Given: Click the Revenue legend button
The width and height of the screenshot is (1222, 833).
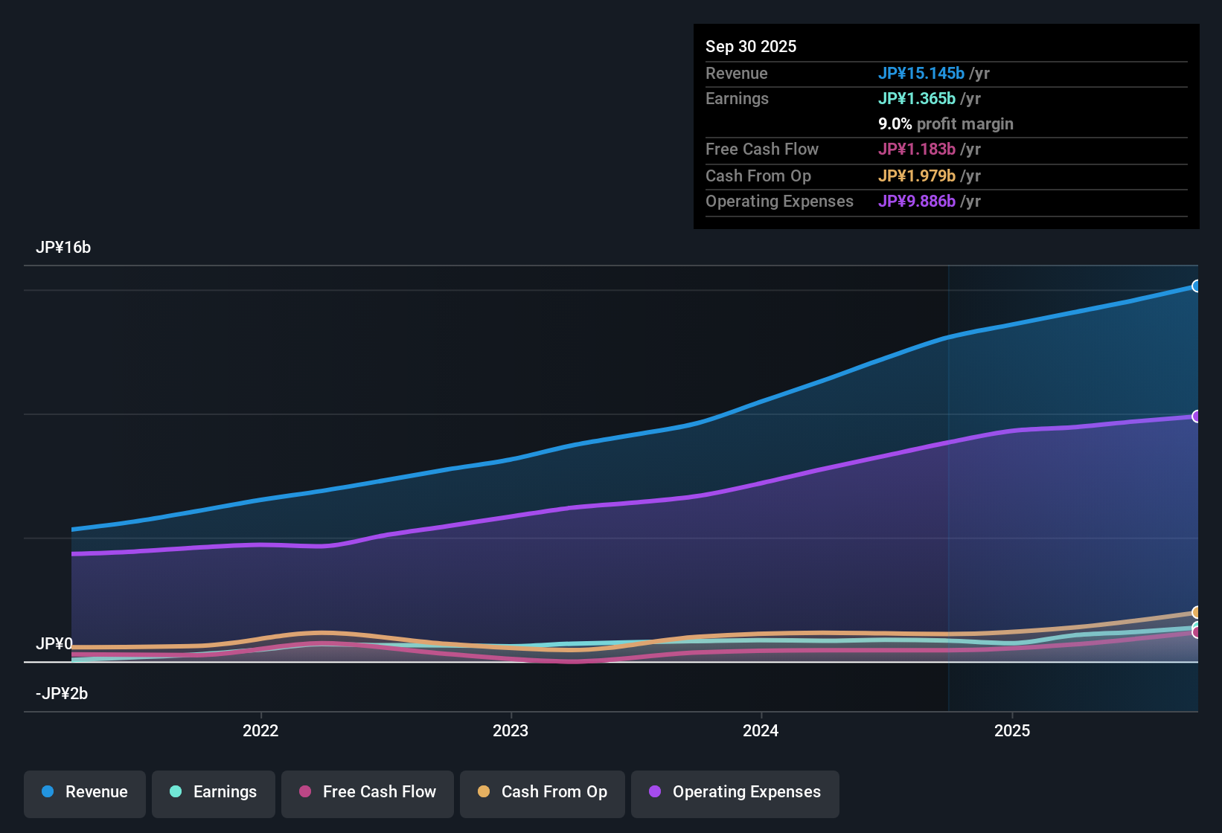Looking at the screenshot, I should tap(85, 792).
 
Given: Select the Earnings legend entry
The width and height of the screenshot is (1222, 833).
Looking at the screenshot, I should tap(214, 792).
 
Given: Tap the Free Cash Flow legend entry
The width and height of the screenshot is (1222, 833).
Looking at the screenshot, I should tap(368, 792).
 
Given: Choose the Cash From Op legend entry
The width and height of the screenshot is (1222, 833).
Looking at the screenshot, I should tap(543, 792).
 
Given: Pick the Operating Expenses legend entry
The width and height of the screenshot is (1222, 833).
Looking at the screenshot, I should tap(735, 792).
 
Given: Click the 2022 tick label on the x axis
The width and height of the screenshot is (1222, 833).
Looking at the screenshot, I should tap(260, 730).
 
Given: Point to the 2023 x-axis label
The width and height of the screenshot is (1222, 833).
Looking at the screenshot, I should tap(511, 730).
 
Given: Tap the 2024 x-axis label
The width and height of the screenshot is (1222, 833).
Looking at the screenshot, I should tap(761, 730).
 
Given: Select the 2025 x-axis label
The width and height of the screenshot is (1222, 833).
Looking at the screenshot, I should tap(1012, 730).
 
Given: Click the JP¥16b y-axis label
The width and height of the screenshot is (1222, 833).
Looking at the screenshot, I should tap(63, 248).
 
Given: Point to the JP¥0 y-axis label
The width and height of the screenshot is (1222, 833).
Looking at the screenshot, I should tap(54, 643).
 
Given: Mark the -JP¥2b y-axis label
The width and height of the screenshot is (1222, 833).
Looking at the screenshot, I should tap(62, 694).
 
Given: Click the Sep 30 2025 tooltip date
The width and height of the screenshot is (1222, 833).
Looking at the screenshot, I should tap(750, 46).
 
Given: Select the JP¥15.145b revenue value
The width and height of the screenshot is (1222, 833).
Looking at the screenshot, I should tap(921, 73).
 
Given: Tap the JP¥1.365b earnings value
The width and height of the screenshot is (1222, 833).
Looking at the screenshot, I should tap(916, 98).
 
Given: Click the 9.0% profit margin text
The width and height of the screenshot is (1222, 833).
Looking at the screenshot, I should tap(945, 123).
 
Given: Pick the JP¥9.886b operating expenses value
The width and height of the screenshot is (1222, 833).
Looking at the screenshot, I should tap(916, 201).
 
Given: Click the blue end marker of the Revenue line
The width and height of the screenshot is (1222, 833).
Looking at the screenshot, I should tap(1196, 286).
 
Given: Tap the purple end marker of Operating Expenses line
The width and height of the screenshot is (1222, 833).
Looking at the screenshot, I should tap(1196, 416).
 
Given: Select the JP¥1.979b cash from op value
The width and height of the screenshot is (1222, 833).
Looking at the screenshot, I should tap(916, 176).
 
